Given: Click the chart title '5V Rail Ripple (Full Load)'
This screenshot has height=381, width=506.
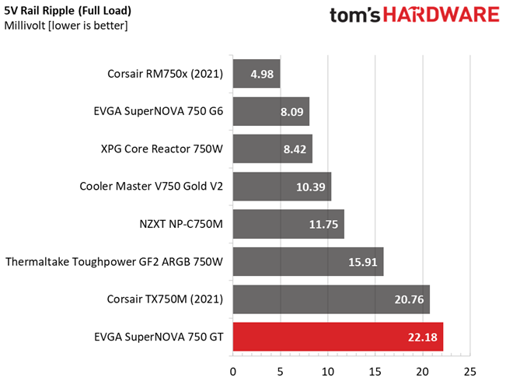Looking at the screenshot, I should pos(68,11).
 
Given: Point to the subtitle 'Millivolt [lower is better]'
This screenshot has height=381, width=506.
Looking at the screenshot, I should pos(66,26).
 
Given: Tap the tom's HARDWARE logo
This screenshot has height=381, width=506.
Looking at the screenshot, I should pos(414,16).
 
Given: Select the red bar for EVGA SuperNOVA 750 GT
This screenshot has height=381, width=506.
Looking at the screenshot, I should pos(337,337).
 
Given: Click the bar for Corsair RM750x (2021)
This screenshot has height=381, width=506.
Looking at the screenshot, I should pos(256,75).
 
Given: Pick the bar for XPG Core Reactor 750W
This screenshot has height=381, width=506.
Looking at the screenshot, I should pos(272,149).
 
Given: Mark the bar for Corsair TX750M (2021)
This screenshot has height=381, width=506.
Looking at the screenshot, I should pos(331,299).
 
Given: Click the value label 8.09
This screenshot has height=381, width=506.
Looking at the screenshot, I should pos(291,112).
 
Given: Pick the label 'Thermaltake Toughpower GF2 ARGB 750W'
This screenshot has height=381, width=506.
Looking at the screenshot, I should pos(114,262).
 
